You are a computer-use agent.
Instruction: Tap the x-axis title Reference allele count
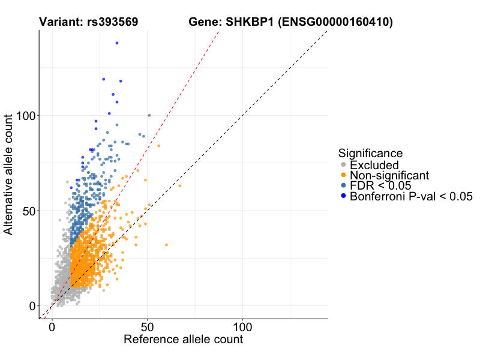coord(183,340)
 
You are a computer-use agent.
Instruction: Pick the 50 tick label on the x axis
coord(147,328)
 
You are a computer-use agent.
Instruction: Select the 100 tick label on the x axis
coord(242,328)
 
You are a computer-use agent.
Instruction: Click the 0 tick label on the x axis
coord(52,328)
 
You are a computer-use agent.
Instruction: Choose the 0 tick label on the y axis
coord(32,306)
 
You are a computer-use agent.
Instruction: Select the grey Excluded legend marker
coord(343,165)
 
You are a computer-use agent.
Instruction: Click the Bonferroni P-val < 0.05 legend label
coord(412,196)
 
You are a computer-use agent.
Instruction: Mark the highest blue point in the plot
coord(116,43)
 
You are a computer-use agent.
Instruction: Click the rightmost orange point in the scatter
coord(179,185)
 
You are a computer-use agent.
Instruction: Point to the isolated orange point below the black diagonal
coord(166,244)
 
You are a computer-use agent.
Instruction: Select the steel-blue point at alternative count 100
coord(149,115)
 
